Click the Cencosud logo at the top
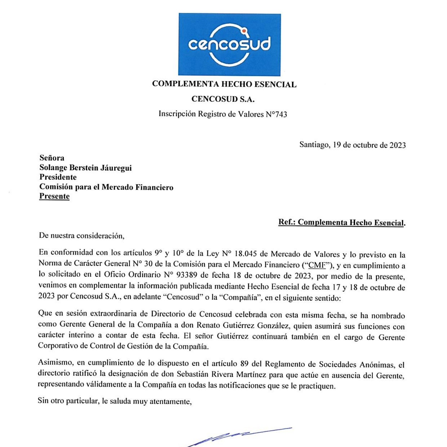tap(229, 44)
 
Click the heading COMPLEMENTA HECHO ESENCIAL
tap(224, 84)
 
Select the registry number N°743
tap(276, 114)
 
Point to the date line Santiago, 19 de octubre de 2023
tap(352, 145)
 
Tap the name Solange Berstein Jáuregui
tap(86, 168)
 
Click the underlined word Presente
tap(54, 196)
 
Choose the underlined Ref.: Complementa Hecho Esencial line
tap(342, 223)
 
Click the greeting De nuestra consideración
tap(81, 236)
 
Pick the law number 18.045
tap(246, 254)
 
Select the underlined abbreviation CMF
tap(317, 265)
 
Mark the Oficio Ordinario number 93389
tap(187, 275)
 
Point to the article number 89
tap(244, 364)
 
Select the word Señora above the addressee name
tap(52, 158)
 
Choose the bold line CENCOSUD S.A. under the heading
tap(223, 99)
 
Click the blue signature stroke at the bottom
tap(238, 437)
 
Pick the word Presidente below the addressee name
tap(58, 177)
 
